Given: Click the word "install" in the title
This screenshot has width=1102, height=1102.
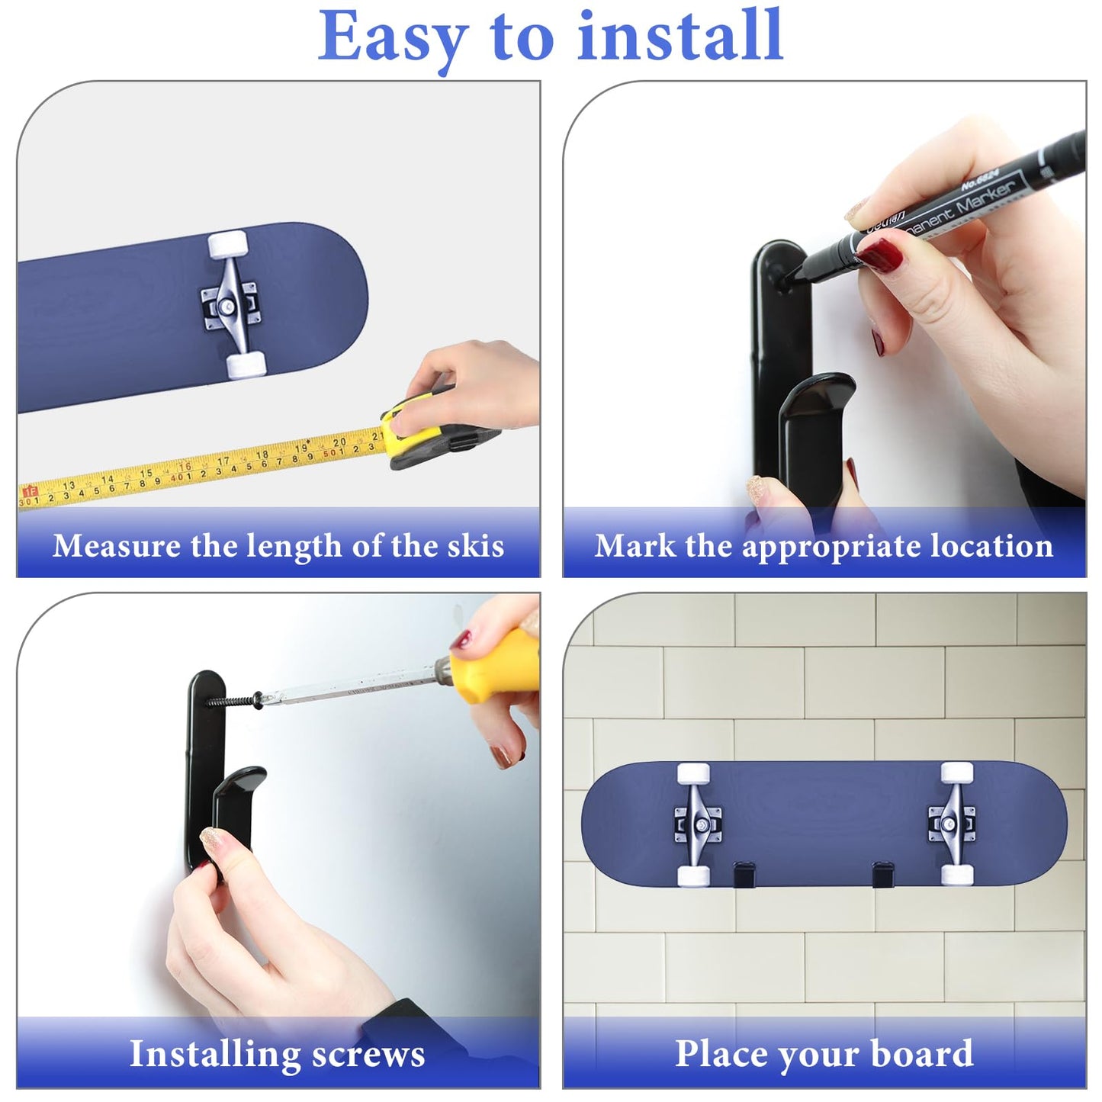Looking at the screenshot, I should coord(680,36).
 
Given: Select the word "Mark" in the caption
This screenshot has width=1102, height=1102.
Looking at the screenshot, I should coord(635,546).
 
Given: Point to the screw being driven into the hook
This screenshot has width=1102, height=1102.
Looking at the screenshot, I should coord(233,700).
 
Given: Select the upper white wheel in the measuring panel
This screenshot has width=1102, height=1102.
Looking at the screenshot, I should coord(228,246).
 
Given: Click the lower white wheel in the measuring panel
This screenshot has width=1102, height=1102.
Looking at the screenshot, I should coord(246,365).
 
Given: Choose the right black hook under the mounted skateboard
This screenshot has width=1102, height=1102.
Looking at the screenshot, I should coord(883,875).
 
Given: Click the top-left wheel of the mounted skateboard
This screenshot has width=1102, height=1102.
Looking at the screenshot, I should coord(692,773).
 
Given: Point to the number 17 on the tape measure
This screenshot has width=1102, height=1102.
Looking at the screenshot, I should coord(223,461).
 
